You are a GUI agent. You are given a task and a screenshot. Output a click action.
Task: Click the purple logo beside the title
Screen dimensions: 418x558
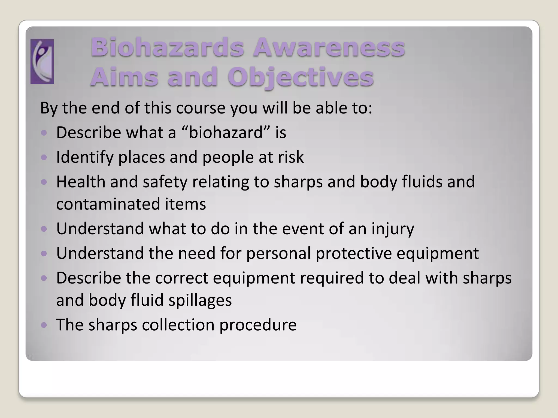click(x=42, y=62)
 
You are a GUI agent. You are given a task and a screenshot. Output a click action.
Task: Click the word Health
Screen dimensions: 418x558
click(x=81, y=182)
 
